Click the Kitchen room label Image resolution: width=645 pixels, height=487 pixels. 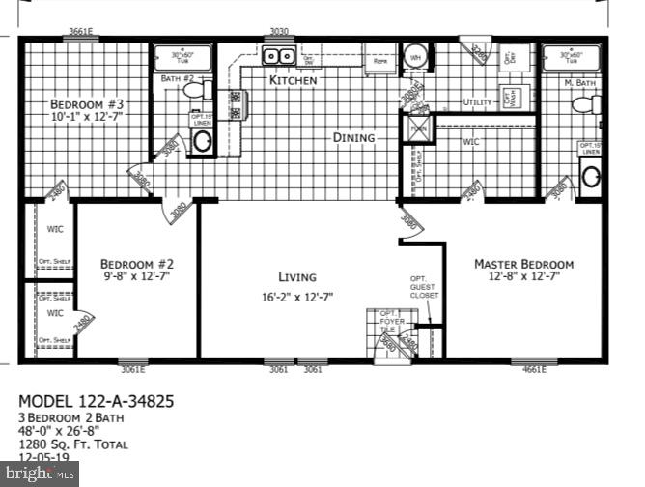tap(293, 81)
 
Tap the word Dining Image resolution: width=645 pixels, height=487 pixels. tap(353, 137)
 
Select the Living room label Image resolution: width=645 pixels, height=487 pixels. tap(297, 276)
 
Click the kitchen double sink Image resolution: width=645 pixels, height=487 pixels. tap(279, 57)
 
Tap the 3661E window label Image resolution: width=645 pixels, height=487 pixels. tap(79, 32)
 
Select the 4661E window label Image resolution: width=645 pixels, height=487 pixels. tap(533, 368)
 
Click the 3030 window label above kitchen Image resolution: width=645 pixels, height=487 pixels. tap(279, 32)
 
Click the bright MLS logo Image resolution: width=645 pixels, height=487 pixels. tap(40, 473)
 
